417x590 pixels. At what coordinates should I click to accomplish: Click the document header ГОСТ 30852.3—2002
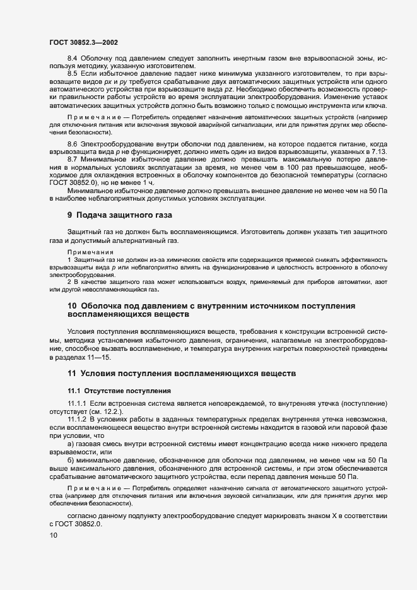84,42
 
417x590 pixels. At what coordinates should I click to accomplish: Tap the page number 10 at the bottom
54,536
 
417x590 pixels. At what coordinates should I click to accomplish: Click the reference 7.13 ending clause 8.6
395,153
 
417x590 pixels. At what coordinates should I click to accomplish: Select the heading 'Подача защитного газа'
124,215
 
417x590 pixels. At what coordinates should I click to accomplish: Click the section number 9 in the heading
70,215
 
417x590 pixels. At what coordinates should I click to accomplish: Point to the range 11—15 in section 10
95,358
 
